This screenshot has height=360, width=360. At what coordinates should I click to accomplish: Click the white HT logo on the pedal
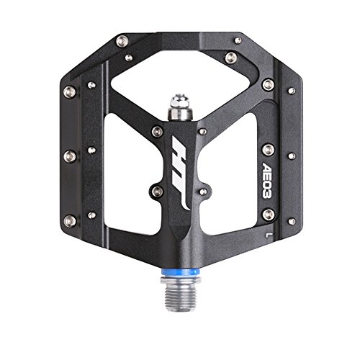[x=181, y=171]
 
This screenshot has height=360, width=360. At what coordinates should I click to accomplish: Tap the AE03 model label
[x=266, y=181]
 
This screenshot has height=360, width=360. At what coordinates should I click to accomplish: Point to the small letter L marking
[x=268, y=235]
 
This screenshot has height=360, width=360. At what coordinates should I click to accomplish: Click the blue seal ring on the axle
[x=181, y=272]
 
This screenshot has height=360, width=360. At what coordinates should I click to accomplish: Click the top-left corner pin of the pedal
[x=122, y=41]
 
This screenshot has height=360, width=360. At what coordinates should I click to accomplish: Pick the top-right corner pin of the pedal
[x=238, y=40]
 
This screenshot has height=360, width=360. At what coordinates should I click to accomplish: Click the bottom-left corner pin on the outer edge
[x=70, y=221]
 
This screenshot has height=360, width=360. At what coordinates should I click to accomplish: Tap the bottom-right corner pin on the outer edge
[x=292, y=221]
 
